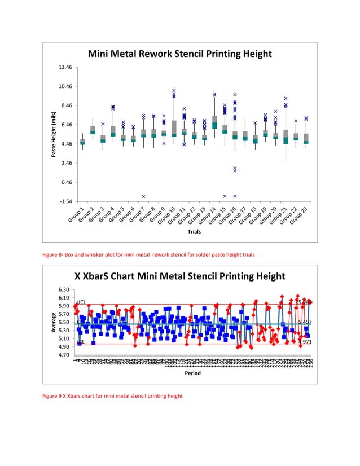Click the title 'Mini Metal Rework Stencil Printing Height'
pos(179,54)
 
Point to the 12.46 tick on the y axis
pos(66,68)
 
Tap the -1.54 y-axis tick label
pos(66,201)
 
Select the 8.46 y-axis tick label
pos(66,106)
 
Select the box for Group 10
pos(174,129)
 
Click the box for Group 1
pos(82,142)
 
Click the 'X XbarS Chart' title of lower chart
pos(180,276)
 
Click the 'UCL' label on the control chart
pos(81,304)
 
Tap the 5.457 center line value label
pos(305,322)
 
